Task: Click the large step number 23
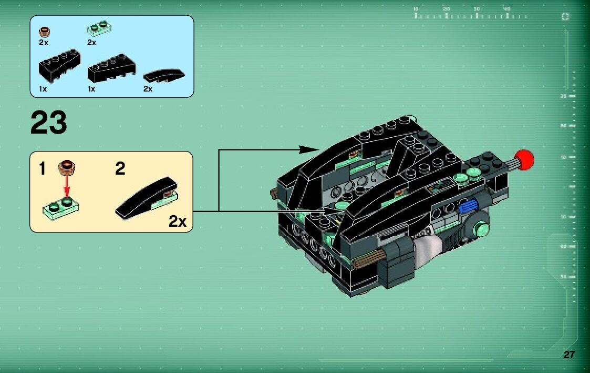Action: (x=49, y=123)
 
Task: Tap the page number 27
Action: (x=569, y=355)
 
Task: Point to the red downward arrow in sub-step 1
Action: (x=67, y=186)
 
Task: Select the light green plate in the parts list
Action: (x=99, y=26)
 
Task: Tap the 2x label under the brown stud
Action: (x=44, y=43)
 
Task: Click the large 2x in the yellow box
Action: (x=178, y=221)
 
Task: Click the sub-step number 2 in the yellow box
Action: (x=120, y=169)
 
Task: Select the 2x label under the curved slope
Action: (x=148, y=89)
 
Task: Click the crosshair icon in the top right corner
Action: (x=565, y=16)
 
